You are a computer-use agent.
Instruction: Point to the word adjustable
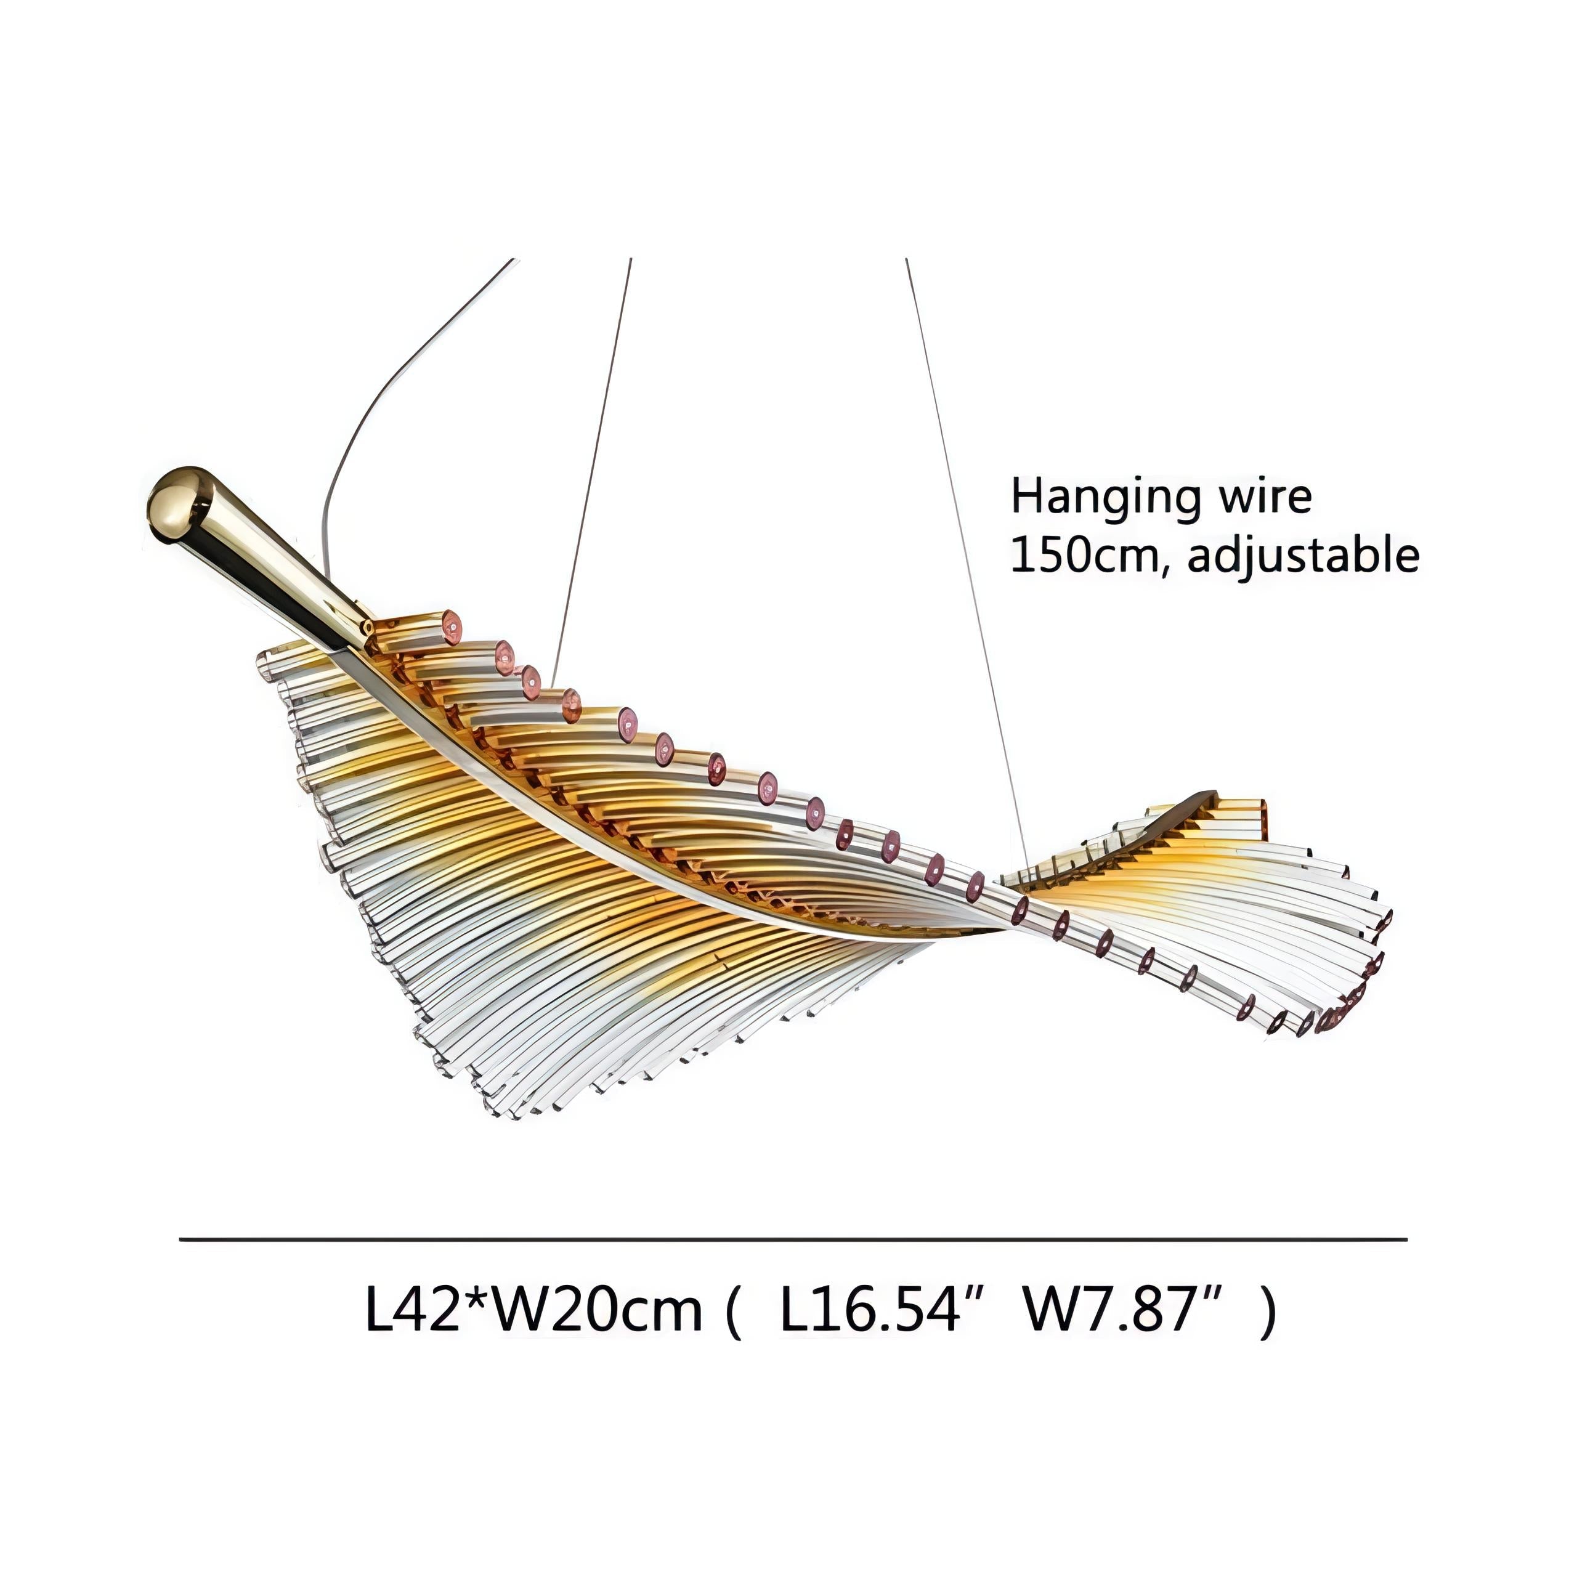coord(1303,557)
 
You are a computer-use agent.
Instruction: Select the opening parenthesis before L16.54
coord(732,1311)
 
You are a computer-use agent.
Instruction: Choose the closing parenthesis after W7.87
coord(1268,1311)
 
